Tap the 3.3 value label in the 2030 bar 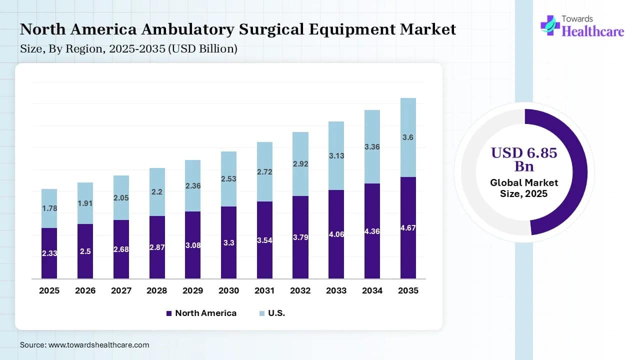(x=229, y=243)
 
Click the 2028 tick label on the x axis (x=157, y=290)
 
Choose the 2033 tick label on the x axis (x=336, y=290)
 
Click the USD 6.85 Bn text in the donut (x=523, y=159)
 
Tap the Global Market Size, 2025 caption (x=523, y=188)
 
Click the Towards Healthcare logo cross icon (x=550, y=25)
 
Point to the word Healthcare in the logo (x=593, y=31)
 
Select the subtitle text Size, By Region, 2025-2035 (x=128, y=49)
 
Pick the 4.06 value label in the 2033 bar (x=336, y=233)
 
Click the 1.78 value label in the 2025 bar (x=49, y=208)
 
